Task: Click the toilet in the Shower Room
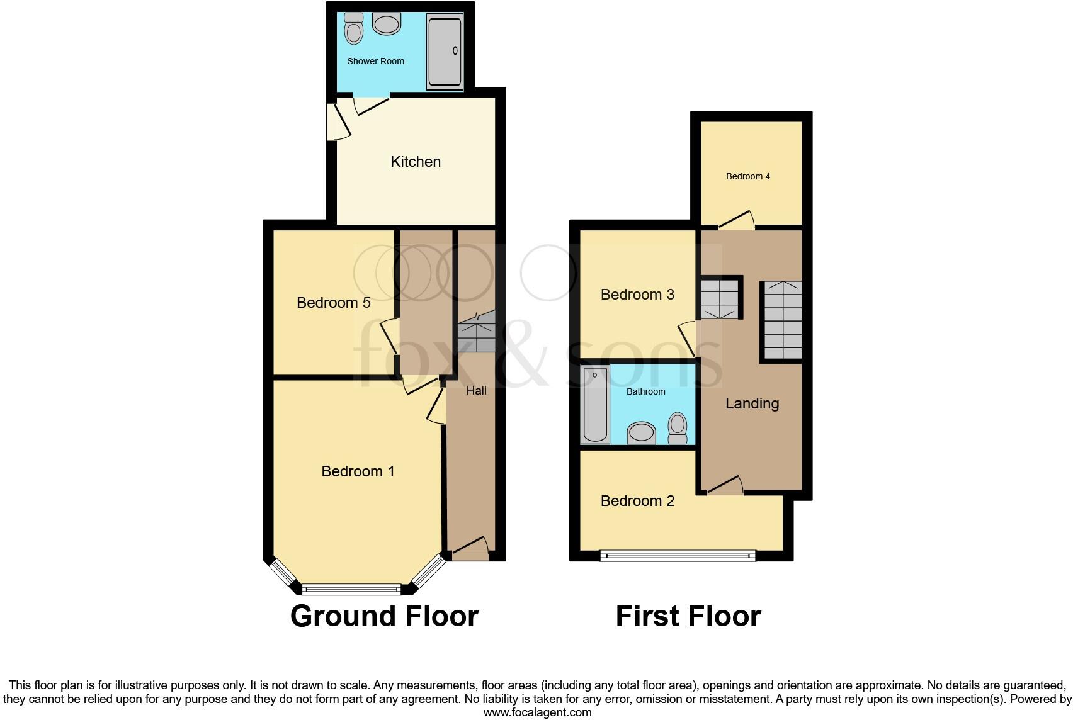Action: click(355, 28)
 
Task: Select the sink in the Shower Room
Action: click(387, 25)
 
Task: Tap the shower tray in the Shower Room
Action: click(445, 52)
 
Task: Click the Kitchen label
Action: click(416, 162)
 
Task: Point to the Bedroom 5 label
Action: click(333, 303)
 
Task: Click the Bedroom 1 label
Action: click(358, 471)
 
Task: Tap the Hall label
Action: click(476, 391)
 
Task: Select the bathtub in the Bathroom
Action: click(595, 405)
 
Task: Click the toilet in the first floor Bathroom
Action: click(678, 429)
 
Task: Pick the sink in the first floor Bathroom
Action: click(642, 433)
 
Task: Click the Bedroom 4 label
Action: click(748, 177)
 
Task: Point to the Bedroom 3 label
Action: click(637, 295)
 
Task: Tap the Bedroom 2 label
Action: click(637, 501)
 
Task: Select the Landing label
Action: click(752, 403)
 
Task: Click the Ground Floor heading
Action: click(384, 616)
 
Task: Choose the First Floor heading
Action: click(688, 616)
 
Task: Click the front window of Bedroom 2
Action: click(677, 555)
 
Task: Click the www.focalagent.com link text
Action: click(537, 712)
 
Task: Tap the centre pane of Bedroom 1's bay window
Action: click(351, 590)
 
